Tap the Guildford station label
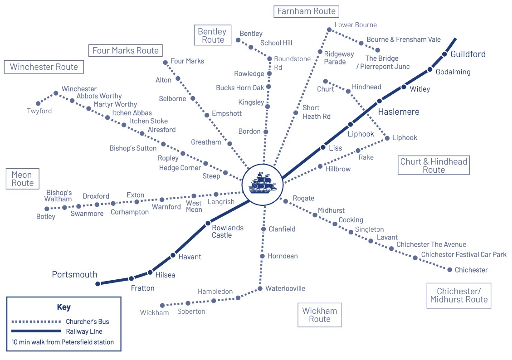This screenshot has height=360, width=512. [468, 54]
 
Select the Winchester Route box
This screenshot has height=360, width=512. [44, 67]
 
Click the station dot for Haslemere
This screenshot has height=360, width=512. [380, 101]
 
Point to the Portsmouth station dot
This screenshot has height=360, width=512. [98, 284]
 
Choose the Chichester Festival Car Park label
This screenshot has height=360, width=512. [463, 255]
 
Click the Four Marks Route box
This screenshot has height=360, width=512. [126, 50]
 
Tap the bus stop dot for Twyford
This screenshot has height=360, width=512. [38, 104]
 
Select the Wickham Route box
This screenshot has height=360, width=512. [320, 315]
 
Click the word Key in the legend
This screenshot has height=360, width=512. [64, 307]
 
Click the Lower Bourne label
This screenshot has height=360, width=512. [356, 25]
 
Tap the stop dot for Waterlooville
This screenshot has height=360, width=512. [260, 288]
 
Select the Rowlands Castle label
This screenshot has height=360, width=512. [228, 231]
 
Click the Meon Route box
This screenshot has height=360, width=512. [22, 179]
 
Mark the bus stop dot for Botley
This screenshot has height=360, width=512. [47, 209]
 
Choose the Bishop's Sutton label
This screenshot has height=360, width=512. [133, 148]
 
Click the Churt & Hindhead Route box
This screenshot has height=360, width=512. [434, 165]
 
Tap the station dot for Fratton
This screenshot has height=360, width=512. [131, 278]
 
